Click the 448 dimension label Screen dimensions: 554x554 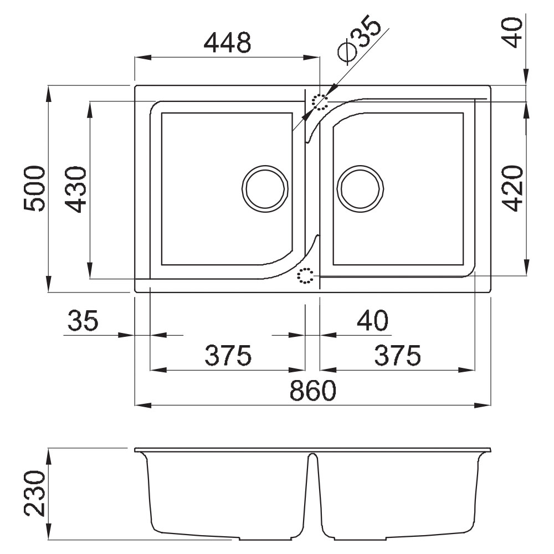[x=228, y=43]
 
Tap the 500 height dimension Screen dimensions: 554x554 [x=34, y=189]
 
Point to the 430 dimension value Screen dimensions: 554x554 [x=75, y=189]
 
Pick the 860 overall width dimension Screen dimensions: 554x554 [x=312, y=391]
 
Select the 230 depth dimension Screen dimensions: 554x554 [x=34, y=494]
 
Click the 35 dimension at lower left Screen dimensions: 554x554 [x=83, y=320]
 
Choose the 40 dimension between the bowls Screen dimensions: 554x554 [x=373, y=320]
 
